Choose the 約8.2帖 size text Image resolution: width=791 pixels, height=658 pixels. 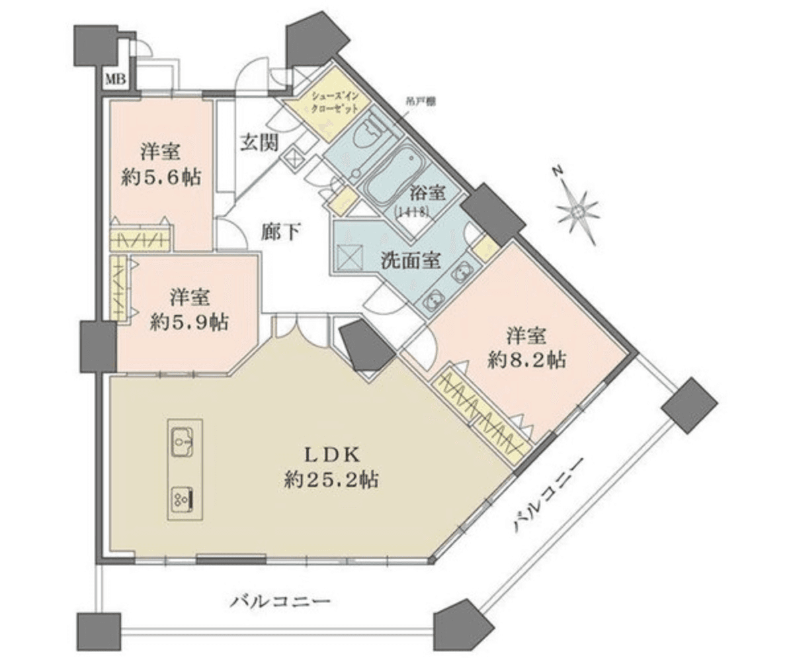click(526, 359)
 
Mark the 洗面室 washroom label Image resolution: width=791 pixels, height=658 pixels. click(410, 261)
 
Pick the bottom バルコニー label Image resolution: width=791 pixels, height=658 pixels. click(280, 602)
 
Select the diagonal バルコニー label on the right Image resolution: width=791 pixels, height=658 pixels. click(546, 494)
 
